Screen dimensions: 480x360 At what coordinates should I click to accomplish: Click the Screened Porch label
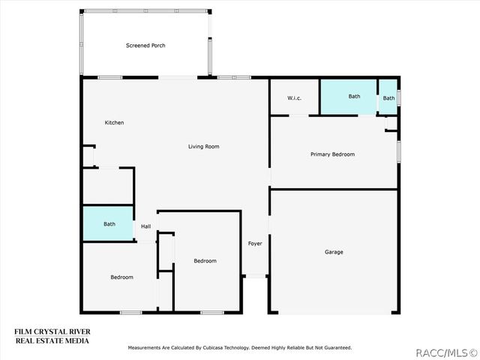tap(145, 46)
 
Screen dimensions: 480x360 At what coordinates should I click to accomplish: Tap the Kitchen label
tap(114, 122)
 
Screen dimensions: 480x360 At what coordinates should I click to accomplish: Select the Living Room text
tap(203, 147)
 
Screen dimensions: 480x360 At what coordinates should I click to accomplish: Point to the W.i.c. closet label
tap(294, 98)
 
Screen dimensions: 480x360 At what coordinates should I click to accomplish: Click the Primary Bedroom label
tap(332, 154)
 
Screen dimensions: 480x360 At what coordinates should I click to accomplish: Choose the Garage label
tap(334, 252)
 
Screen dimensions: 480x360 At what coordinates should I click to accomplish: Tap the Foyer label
tap(255, 243)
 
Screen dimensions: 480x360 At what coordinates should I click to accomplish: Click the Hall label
tap(145, 226)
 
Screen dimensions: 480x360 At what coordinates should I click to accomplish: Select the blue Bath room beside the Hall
tap(108, 223)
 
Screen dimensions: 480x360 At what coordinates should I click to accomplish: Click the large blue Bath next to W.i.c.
tap(348, 97)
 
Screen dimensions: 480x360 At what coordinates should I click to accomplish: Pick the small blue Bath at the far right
tap(388, 97)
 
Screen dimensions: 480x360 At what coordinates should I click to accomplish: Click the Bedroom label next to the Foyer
tap(205, 261)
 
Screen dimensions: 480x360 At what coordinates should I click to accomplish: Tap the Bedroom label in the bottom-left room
tap(121, 277)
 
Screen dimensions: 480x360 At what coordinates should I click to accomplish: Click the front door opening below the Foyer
tap(256, 276)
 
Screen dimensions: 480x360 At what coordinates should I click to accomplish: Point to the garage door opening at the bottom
tap(334, 313)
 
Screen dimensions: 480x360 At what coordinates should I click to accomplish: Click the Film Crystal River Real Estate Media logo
tap(52, 336)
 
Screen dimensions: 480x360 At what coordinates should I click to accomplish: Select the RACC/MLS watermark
tap(447, 353)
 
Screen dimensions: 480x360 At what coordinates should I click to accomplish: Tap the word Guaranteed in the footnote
tap(337, 348)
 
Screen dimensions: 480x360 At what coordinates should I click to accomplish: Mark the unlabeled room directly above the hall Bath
tap(108, 186)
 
